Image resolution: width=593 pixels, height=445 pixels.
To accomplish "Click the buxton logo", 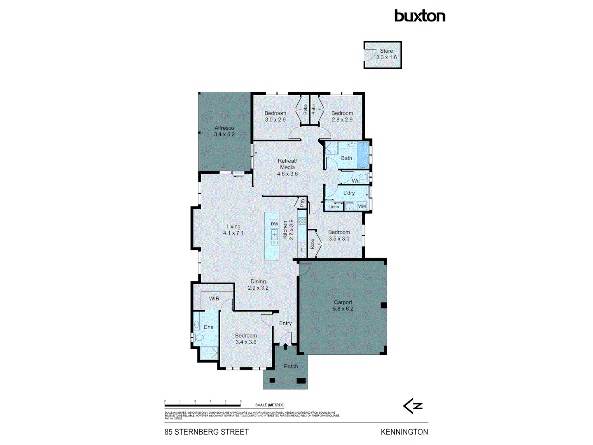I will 420,16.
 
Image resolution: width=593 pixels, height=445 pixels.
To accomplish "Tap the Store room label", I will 386,54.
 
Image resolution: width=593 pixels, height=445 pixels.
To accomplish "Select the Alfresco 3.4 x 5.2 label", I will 224,131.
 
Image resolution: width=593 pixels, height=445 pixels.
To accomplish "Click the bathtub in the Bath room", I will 363,155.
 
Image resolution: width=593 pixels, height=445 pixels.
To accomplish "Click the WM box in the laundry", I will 362,206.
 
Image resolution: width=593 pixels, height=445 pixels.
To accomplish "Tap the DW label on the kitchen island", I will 274,224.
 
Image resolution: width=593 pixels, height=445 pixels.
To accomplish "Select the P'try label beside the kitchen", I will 302,203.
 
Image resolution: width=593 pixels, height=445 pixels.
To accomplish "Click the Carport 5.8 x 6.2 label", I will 343,305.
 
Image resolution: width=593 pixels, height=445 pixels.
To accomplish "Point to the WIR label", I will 214,299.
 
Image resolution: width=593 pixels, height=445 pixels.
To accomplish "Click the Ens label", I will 209,327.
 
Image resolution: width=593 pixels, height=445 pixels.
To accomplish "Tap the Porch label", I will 291,366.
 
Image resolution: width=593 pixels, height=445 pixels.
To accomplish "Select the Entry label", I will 285,323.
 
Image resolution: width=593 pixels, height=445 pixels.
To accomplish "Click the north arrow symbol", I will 413,406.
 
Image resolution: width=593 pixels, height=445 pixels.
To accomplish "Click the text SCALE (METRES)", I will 270,405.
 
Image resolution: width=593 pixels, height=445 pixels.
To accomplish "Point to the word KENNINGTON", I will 404,432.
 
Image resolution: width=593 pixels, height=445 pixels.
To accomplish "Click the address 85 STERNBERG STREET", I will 207,432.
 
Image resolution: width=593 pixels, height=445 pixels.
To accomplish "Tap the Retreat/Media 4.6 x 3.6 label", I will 287,167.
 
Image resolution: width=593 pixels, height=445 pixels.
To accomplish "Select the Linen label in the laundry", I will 334,207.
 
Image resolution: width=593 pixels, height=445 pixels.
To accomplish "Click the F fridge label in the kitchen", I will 302,250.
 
